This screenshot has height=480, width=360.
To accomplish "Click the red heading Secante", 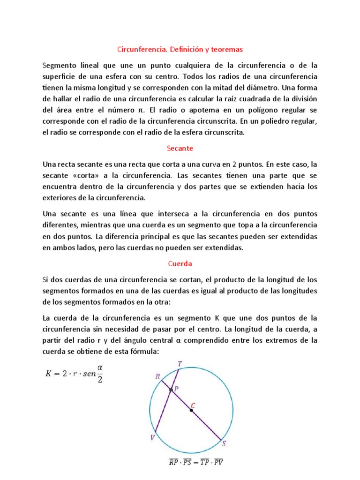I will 180,148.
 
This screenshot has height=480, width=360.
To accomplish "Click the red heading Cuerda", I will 180,263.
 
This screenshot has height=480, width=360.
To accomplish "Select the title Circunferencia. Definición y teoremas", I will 180,49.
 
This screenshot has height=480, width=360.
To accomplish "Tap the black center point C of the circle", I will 191,410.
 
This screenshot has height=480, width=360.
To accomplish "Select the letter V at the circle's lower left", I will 152,438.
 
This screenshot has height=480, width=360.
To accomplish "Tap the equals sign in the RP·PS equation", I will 196,463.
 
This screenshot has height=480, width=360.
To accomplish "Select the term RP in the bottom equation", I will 173,463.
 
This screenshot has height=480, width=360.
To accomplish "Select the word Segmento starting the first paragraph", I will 59,66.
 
